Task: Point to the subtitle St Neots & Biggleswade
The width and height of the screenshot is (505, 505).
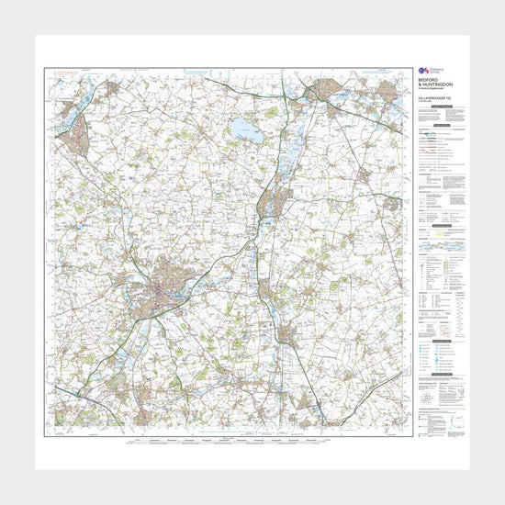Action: tap(429, 92)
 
